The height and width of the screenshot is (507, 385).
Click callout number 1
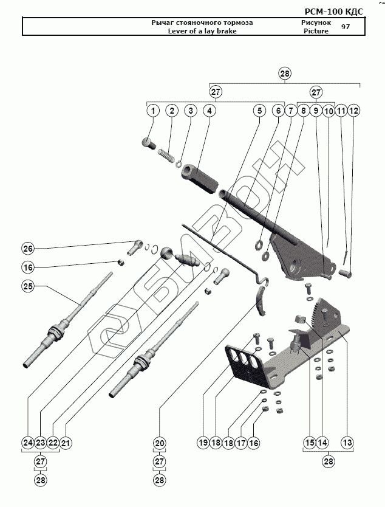(153, 111)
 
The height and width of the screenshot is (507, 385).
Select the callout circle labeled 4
(208, 111)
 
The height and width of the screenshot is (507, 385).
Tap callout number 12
(353, 111)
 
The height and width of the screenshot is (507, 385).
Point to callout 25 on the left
(28, 286)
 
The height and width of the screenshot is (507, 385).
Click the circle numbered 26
(28, 248)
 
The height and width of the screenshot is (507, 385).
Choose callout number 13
(347, 443)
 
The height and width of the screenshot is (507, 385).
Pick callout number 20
(159, 443)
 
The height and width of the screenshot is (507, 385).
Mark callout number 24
(27, 443)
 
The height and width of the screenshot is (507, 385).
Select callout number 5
(259, 111)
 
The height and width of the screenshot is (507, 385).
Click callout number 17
(242, 443)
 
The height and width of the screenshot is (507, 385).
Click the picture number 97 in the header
(346, 27)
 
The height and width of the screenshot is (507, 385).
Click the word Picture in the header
(316, 31)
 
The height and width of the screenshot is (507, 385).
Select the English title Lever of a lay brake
(202, 31)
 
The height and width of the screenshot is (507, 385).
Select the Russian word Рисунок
(317, 22)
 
